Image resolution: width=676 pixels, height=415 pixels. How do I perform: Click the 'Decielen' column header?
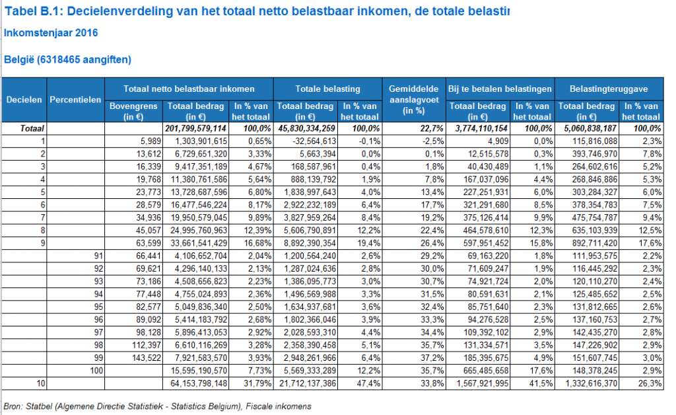coord(24,100)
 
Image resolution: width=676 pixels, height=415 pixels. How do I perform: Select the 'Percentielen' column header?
coord(75,100)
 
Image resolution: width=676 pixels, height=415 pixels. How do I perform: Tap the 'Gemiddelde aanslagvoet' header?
coord(413,100)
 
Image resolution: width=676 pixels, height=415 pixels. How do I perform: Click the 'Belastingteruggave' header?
coord(608,89)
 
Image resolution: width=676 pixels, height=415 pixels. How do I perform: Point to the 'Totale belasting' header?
coord(327,89)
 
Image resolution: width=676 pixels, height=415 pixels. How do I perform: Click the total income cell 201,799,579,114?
coord(195,129)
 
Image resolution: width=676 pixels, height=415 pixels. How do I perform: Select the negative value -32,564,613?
coord(310,141)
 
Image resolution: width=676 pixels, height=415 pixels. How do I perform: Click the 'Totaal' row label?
coord(32,129)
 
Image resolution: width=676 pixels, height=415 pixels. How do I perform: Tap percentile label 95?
coord(99,307)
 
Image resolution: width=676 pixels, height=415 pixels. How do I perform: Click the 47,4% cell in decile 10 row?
coord(369,383)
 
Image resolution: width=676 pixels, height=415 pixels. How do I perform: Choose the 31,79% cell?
coord(257,383)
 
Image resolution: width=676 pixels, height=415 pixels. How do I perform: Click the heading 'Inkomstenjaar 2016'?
coord(51,33)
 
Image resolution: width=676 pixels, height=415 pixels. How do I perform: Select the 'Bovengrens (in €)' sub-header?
coord(133,111)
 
